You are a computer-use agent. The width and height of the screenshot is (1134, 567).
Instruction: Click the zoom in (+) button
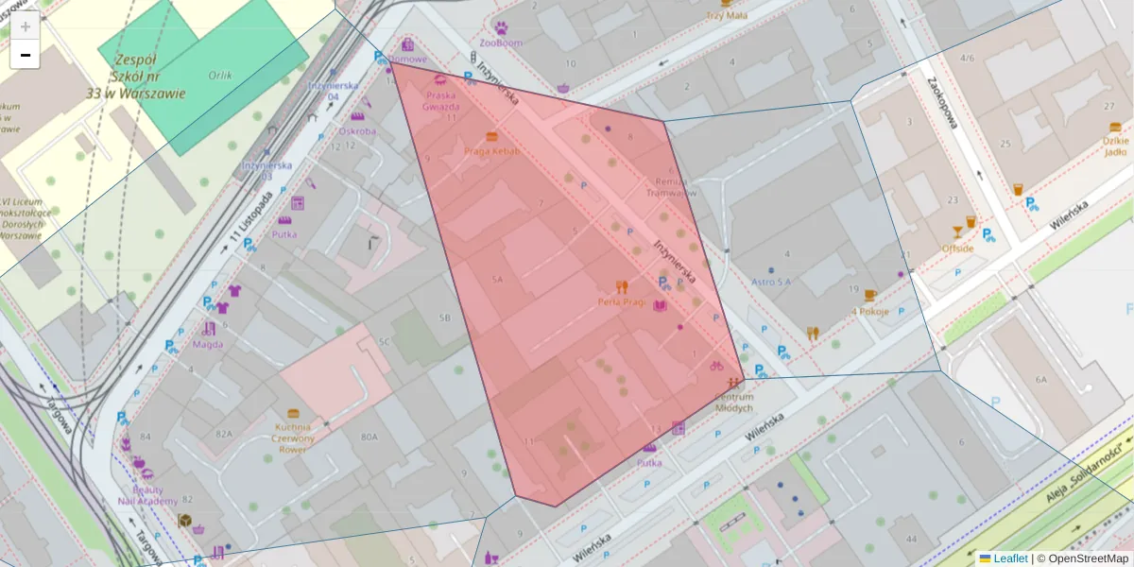pyautogui.click(x=26, y=26)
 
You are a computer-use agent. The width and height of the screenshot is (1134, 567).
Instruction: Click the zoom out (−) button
pyautogui.click(x=26, y=55)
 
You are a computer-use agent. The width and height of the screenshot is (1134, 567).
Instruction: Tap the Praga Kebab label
pyautogui.click(x=491, y=151)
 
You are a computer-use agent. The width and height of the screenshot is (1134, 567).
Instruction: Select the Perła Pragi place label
pyautogui.click(x=621, y=302)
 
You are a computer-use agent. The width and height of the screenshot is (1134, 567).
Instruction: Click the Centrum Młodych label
pyautogui.click(x=733, y=403)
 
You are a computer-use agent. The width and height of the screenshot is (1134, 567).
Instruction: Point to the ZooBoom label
pyautogui.click(x=501, y=43)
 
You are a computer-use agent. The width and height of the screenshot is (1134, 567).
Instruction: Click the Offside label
pyautogui.click(x=957, y=249)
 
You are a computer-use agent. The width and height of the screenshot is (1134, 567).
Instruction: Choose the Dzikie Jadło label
pyautogui.click(x=1115, y=146)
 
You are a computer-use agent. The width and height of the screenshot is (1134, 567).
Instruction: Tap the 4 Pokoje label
pyautogui.click(x=870, y=311)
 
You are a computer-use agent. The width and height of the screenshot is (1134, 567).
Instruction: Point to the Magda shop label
pyautogui.click(x=208, y=344)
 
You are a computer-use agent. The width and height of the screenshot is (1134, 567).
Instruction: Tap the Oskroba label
pyautogui.click(x=357, y=131)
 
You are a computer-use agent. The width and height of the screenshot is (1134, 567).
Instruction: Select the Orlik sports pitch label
pyautogui.click(x=222, y=75)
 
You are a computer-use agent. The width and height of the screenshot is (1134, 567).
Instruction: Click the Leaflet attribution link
pyautogui.click(x=1009, y=558)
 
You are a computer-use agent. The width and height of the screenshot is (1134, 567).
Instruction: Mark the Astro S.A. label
pyautogui.click(x=771, y=282)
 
